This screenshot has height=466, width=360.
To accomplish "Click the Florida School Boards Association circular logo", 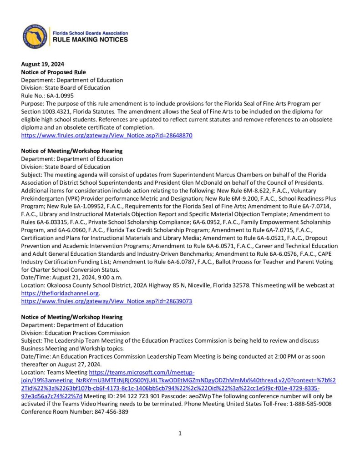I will click(x=35, y=36).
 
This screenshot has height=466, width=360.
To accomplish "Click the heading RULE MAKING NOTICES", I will click(x=91, y=40).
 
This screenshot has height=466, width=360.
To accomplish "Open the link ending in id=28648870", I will click(x=107, y=135).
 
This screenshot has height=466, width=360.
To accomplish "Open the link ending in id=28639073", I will click(x=107, y=301).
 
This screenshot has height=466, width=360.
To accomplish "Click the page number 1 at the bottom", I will click(x=180, y=433).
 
